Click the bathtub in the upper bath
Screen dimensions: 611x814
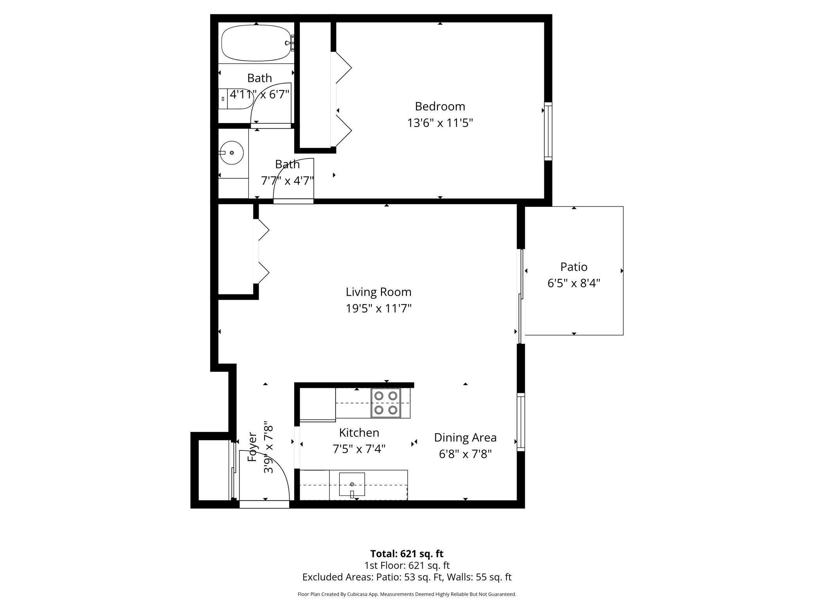point(256,43)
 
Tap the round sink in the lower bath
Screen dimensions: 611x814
point(231,153)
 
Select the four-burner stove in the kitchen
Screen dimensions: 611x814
point(386,403)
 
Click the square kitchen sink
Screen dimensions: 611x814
point(352,484)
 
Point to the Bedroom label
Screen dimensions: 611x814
point(440,107)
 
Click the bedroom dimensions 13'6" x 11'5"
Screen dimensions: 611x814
point(440,123)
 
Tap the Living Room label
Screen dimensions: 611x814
point(378,292)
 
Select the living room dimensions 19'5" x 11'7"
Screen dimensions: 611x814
point(378,309)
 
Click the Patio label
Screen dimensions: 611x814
point(574,267)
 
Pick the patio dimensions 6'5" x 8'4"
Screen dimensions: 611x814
point(574,283)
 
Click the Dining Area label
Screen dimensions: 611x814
point(465,437)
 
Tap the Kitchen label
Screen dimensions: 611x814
point(359,433)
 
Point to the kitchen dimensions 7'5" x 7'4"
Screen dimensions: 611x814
point(359,449)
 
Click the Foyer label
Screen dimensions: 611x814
point(253,447)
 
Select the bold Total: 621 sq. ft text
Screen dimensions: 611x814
point(407,554)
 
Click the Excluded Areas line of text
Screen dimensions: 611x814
point(407,577)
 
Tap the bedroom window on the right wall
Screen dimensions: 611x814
point(548,131)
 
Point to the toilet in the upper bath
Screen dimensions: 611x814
point(235,99)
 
